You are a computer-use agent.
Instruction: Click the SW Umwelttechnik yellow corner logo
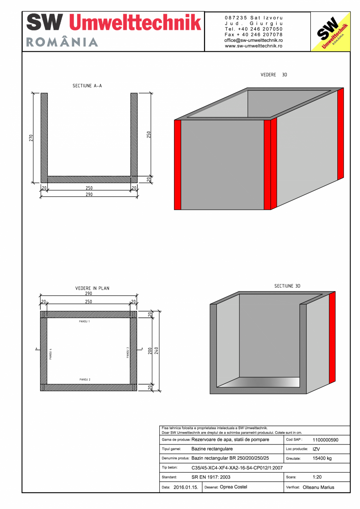click(330, 32)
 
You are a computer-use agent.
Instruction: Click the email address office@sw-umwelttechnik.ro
click(254, 40)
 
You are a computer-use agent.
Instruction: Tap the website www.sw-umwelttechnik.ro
click(254, 46)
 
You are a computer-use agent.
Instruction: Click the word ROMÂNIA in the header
click(62, 42)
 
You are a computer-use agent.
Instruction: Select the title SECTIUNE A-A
click(87, 86)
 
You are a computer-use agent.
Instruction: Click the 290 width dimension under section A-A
click(89, 194)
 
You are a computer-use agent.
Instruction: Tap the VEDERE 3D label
click(274, 75)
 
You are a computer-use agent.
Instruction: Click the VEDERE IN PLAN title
click(92, 288)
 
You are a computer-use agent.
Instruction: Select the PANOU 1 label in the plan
click(85, 321)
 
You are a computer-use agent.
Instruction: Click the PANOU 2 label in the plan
click(85, 380)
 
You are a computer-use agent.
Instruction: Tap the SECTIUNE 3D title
click(287, 286)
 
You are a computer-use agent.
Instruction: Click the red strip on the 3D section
click(332, 337)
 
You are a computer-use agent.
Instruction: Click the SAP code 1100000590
click(326, 440)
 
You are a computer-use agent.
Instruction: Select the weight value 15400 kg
click(322, 459)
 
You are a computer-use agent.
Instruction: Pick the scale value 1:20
click(317, 477)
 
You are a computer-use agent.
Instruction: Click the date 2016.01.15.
click(186, 487)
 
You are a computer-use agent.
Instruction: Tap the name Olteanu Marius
click(319, 487)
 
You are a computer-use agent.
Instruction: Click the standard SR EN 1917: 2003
click(211, 477)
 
